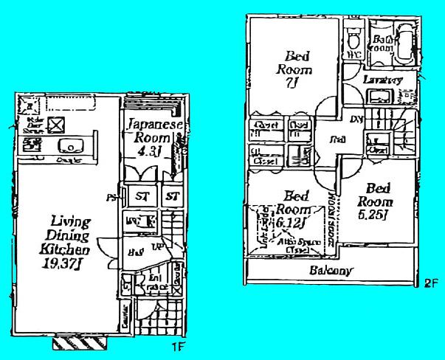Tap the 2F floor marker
[x=430, y=283]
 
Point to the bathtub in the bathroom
[x=404, y=43]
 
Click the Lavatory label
[x=382, y=79]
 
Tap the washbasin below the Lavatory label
[x=382, y=96]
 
